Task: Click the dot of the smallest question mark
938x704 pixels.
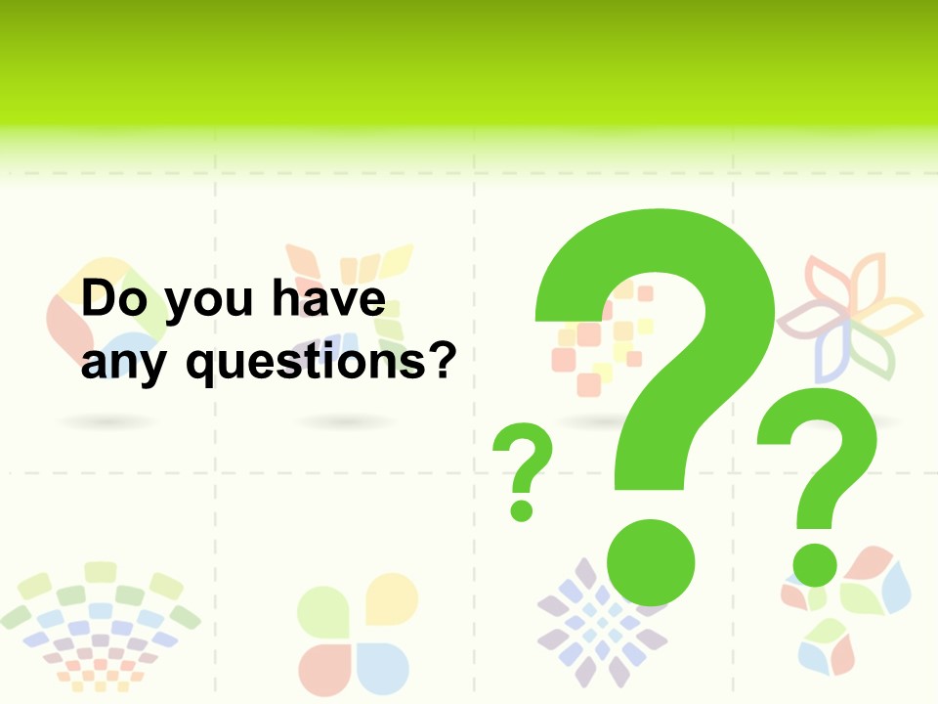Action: (x=522, y=509)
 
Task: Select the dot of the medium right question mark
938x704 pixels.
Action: (x=814, y=564)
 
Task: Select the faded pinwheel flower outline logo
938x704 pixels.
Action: (x=850, y=313)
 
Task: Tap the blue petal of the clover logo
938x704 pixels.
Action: (x=383, y=668)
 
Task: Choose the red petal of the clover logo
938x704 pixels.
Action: (x=324, y=668)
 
